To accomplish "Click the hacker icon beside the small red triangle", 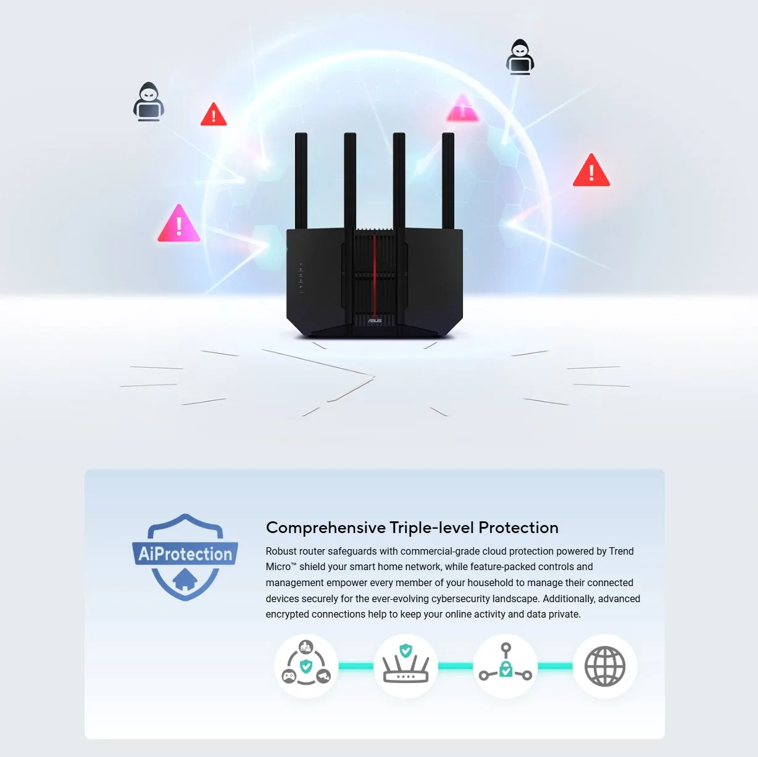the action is tap(149, 102).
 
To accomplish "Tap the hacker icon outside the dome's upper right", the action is tap(520, 57).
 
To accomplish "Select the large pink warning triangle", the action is tap(179, 225).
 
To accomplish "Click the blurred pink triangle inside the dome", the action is tap(462, 109).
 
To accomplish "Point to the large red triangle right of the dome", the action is tap(591, 172).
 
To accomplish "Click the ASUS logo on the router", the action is tap(375, 321).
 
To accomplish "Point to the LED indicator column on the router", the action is tap(301, 278).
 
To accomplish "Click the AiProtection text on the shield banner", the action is tap(185, 554).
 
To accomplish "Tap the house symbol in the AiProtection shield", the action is tap(185, 580).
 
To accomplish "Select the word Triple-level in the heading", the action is tap(432, 528).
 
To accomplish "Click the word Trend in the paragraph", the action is tap(621, 551).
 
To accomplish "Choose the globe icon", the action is tap(605, 666).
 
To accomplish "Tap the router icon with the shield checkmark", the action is tap(406, 666).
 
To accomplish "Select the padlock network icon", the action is tap(506, 666).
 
